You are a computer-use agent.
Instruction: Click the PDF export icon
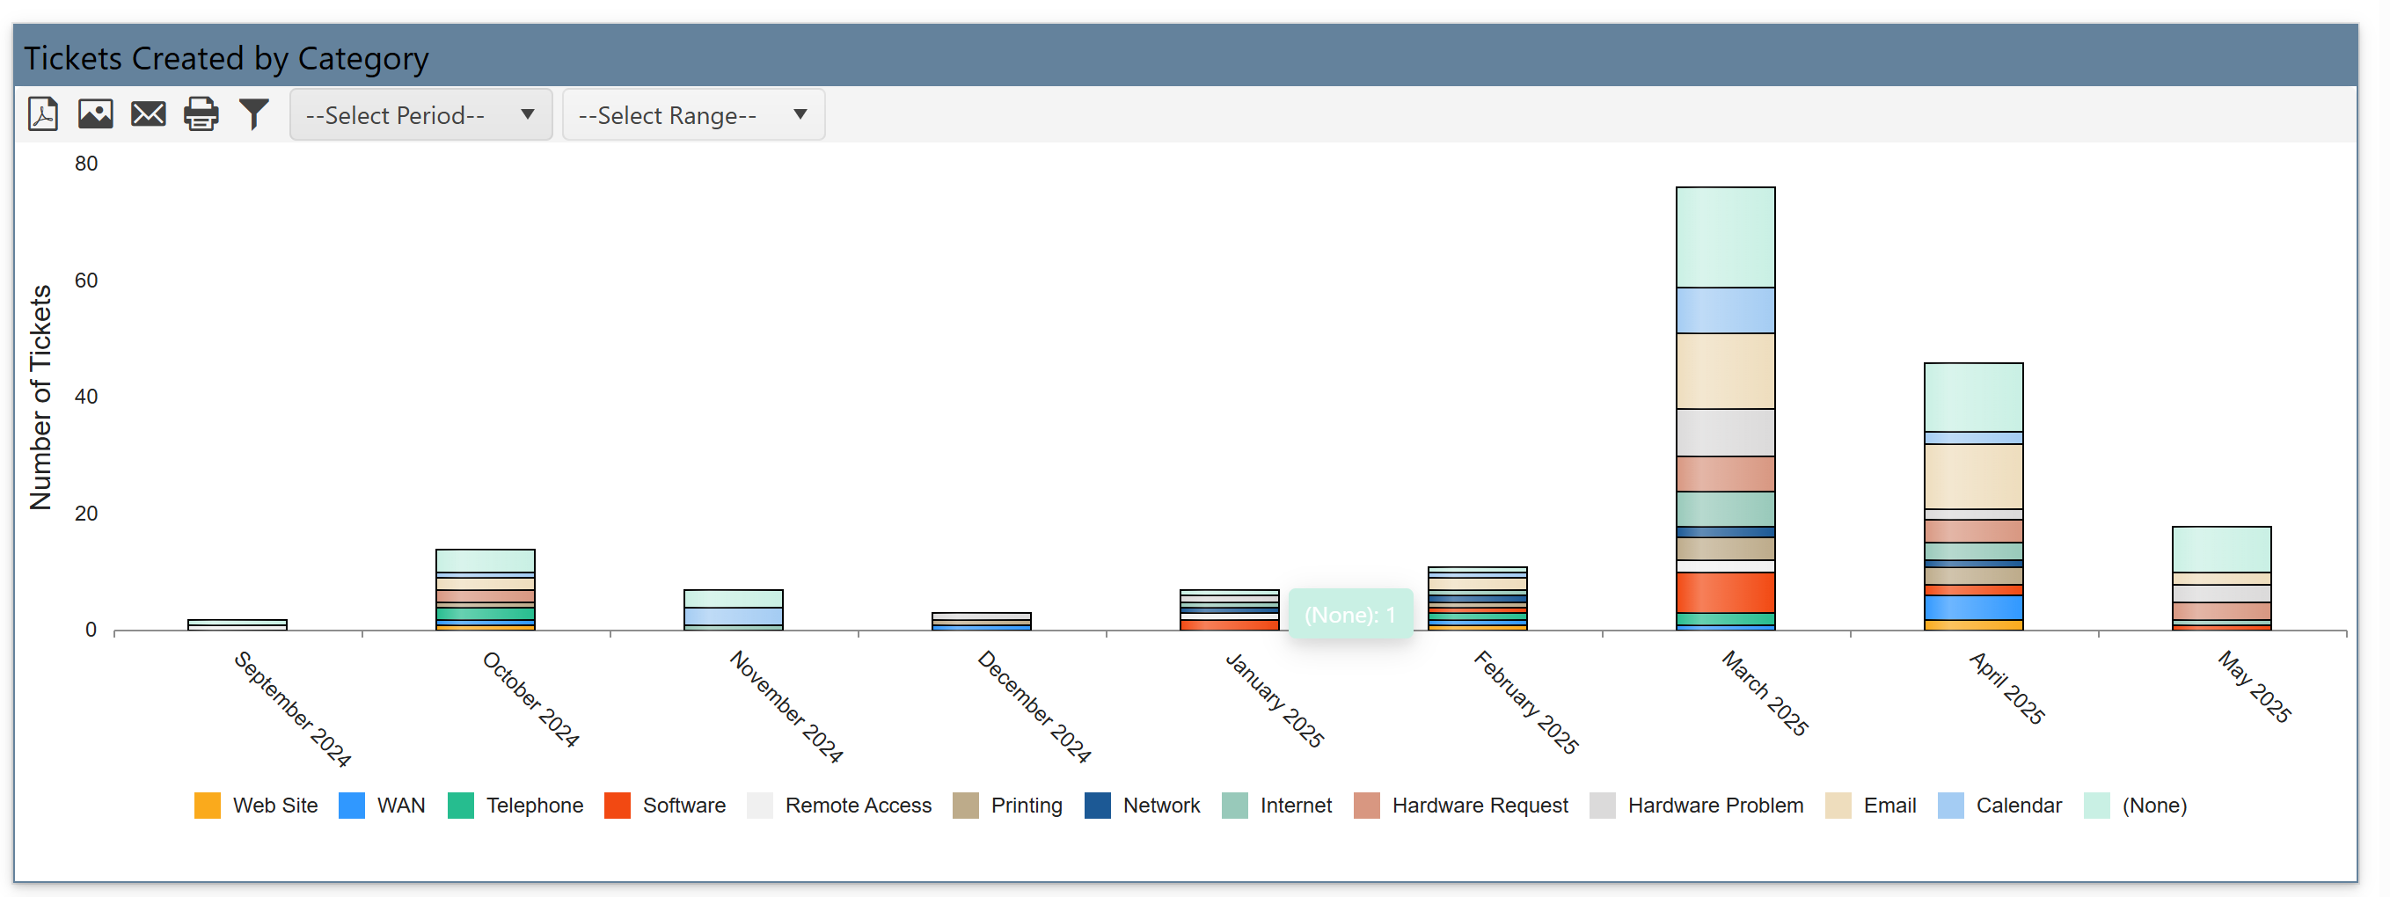43,114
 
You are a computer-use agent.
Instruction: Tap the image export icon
96,114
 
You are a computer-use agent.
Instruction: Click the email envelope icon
149,114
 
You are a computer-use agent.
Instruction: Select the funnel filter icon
253,114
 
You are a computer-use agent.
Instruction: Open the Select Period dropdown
420,115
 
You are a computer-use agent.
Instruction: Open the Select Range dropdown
693,115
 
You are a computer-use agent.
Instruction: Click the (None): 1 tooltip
1350,614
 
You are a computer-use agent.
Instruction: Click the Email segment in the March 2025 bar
1725,371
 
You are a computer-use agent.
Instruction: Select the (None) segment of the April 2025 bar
1972,397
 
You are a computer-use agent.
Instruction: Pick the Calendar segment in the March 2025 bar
1725,310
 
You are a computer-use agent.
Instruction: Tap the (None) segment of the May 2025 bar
2220,549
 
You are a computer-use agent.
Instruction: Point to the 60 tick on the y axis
86,281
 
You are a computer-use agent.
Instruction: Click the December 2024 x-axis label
1034,707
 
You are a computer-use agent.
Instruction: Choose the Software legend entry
665,806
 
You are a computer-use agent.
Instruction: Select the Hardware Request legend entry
1461,806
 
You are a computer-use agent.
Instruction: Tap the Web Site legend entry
256,806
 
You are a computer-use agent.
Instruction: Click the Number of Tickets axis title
40,397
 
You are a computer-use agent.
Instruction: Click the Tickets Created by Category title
226,58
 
